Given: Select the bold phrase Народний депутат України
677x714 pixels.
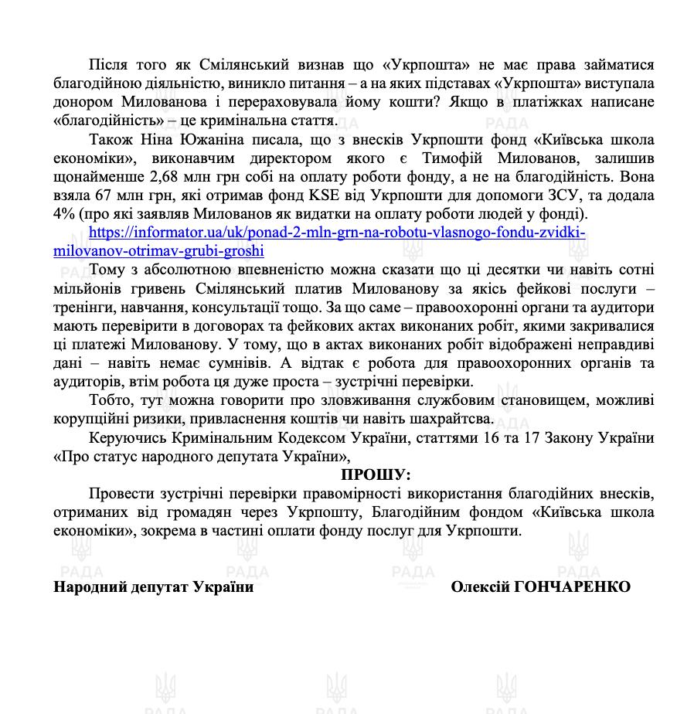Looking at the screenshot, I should click(x=153, y=587).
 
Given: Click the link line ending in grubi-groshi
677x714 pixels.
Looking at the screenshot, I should click(x=159, y=251).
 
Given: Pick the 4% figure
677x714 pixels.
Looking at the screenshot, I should click(x=65, y=214).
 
